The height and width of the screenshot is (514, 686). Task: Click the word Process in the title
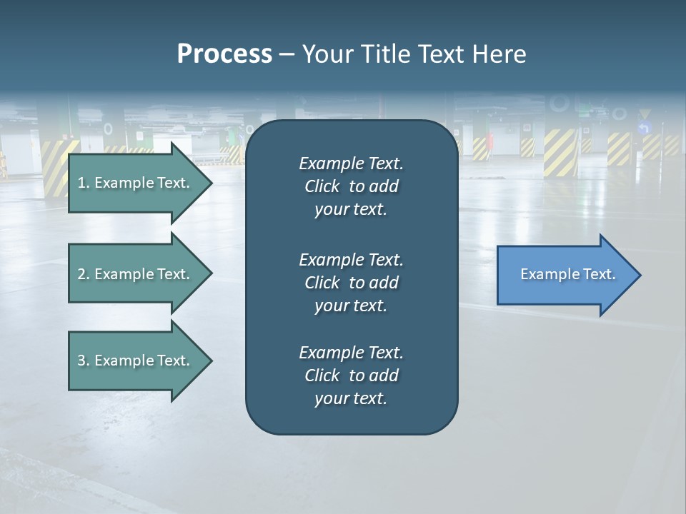[224, 54]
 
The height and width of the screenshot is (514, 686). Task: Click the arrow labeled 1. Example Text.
[134, 183]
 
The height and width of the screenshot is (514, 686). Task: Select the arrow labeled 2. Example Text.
[134, 274]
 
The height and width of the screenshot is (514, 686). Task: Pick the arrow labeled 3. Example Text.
[134, 361]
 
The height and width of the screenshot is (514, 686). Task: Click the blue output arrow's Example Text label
[567, 274]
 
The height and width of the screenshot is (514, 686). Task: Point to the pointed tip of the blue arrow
[639, 275]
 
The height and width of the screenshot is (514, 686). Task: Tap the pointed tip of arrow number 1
[210, 183]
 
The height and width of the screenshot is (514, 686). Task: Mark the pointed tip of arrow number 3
[210, 361]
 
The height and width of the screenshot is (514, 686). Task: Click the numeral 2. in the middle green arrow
[84, 274]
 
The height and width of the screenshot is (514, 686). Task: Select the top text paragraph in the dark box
[351, 186]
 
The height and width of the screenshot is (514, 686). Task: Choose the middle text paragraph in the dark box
[351, 283]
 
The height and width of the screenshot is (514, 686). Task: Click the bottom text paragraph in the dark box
[351, 376]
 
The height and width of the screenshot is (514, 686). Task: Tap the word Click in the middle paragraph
[322, 283]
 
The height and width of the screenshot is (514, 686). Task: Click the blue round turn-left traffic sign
[645, 128]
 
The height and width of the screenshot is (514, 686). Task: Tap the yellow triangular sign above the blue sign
[645, 114]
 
